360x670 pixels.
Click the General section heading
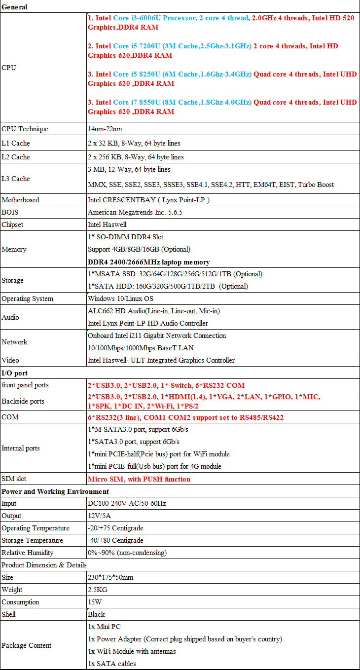pos(15,7)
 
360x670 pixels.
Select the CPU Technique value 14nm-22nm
pos(105,129)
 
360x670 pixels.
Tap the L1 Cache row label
pos(16,143)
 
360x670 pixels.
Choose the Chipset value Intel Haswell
pos(108,224)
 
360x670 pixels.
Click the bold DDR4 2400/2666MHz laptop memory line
pos(148,262)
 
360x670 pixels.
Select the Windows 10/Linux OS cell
pos(120,298)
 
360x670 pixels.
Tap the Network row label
pos(15,342)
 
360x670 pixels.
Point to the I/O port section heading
pos(15,373)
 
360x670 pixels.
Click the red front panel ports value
pos(166,385)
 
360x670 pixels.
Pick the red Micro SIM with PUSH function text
pos(139,479)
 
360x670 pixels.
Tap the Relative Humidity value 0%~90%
pos(127,553)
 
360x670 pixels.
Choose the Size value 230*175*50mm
pos(110,577)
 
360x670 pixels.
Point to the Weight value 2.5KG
pos(98,590)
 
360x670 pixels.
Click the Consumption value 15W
pos(95,602)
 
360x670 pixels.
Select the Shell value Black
pos(97,614)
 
